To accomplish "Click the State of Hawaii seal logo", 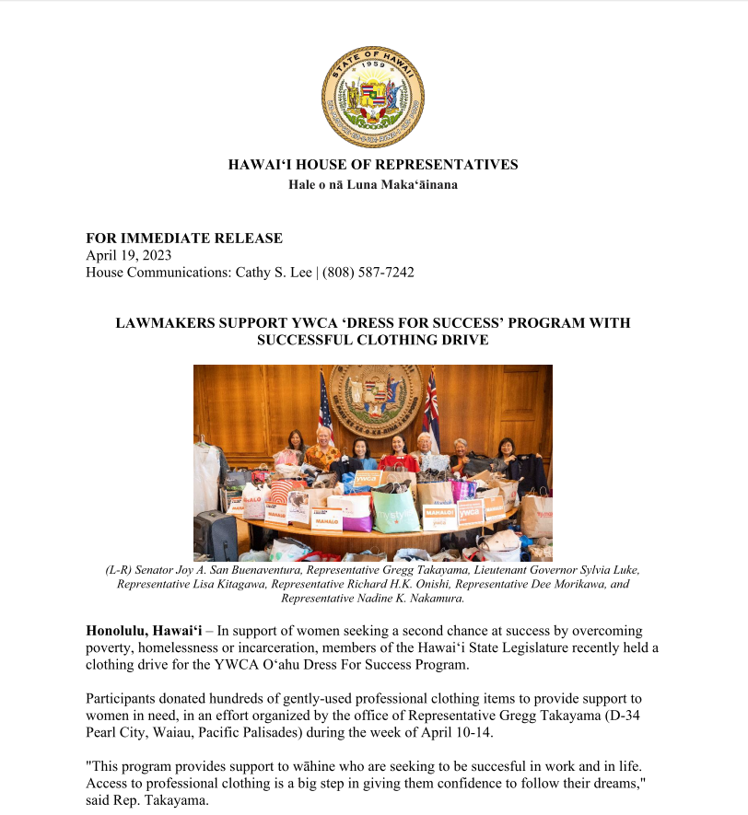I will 373,96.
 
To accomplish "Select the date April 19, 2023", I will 129,255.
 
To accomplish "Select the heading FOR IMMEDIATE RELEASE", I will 184,239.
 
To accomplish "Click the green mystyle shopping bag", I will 396,512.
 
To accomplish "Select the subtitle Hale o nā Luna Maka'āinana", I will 373,184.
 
